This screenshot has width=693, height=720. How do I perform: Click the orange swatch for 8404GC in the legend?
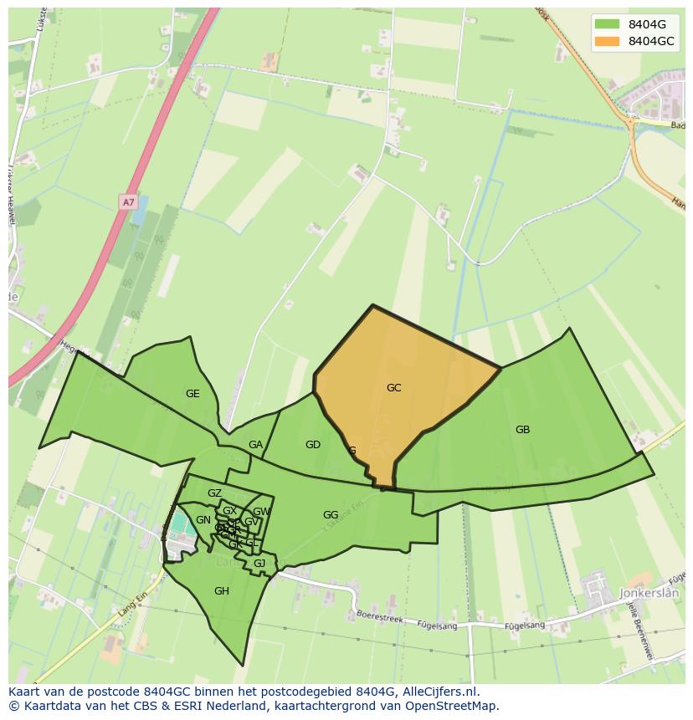click(608, 41)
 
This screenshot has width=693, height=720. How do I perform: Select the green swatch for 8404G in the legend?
click(608, 24)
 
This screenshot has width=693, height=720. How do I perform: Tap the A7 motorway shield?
click(127, 202)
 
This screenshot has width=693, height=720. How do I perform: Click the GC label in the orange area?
click(393, 388)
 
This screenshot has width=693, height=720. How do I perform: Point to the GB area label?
click(522, 430)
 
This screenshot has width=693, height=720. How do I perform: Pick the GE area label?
click(192, 394)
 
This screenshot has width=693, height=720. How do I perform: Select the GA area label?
click(255, 445)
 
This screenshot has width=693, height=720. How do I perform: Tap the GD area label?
click(312, 445)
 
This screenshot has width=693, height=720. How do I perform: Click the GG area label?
click(331, 515)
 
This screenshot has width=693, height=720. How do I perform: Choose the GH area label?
click(221, 591)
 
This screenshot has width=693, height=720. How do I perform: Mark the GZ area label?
click(214, 493)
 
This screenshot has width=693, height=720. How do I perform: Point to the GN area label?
click(203, 520)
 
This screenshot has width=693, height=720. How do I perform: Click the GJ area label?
click(259, 564)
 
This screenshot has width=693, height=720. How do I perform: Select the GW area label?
click(261, 512)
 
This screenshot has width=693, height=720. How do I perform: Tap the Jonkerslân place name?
click(650, 593)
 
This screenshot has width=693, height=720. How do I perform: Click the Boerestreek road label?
click(381, 617)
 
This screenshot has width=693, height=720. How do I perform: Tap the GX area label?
click(229, 511)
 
